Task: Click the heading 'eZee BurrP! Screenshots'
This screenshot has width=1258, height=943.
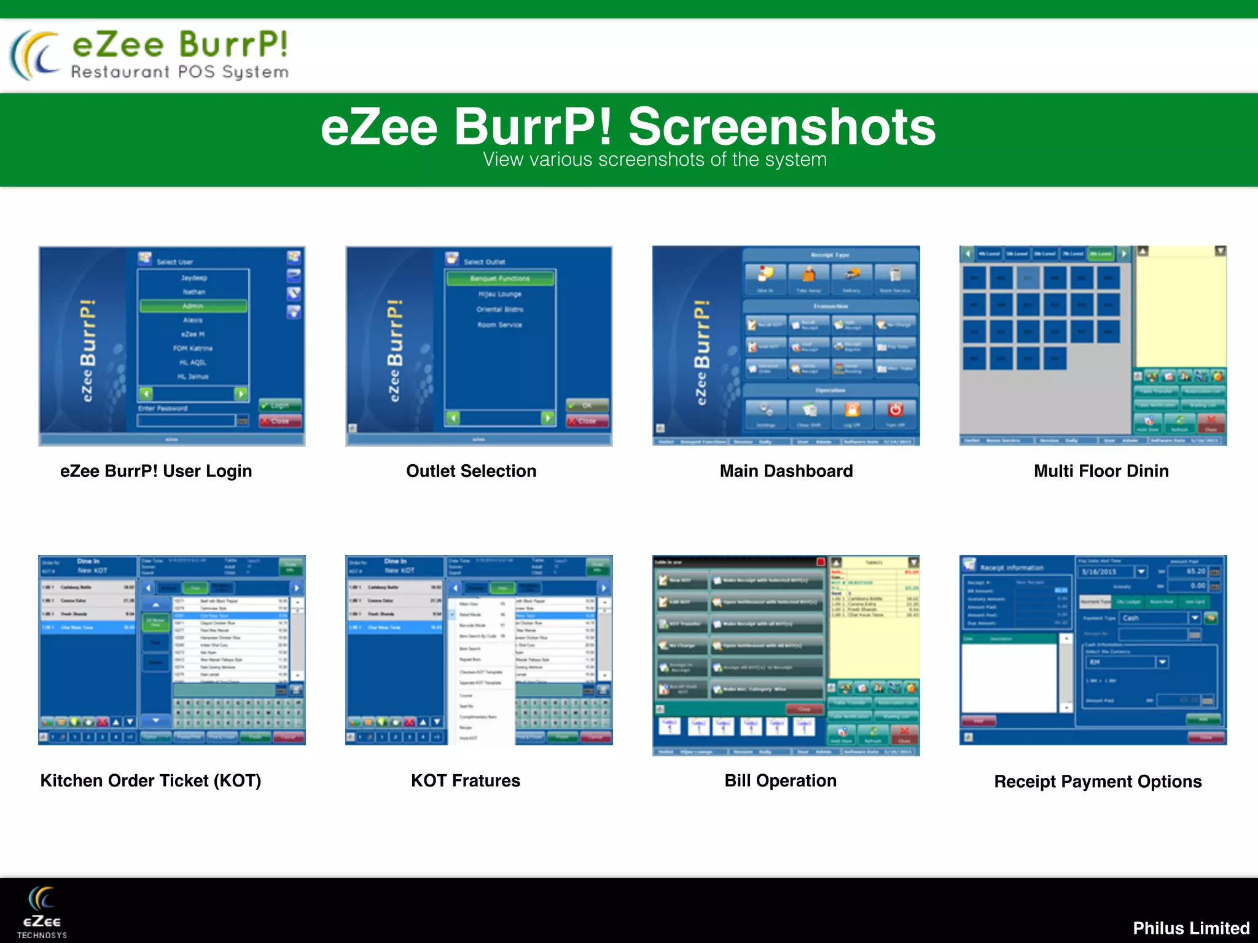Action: point(628,127)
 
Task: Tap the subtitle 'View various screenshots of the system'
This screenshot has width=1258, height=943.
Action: point(655,160)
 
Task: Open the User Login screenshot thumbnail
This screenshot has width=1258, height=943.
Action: point(172,346)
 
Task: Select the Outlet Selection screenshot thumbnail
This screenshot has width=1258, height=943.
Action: point(479,346)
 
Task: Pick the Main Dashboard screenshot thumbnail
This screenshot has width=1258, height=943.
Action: point(786,346)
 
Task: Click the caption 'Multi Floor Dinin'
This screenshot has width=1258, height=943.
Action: point(1101,471)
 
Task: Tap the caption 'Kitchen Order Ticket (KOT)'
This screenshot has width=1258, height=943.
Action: point(151,780)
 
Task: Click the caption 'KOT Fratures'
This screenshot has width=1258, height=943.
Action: point(466,780)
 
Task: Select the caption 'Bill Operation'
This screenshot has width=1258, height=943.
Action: point(780,780)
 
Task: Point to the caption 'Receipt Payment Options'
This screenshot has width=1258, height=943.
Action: point(1098,782)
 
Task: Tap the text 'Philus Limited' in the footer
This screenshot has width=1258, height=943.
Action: point(1191,928)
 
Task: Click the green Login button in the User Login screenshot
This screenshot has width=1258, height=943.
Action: point(280,405)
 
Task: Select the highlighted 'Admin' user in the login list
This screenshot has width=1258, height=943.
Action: point(193,306)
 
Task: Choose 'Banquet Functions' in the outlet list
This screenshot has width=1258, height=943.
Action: point(500,279)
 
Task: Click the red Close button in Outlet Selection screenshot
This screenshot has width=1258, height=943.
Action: point(587,421)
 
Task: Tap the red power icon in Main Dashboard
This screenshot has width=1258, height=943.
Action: point(895,409)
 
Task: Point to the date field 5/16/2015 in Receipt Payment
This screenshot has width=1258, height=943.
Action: point(1106,572)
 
